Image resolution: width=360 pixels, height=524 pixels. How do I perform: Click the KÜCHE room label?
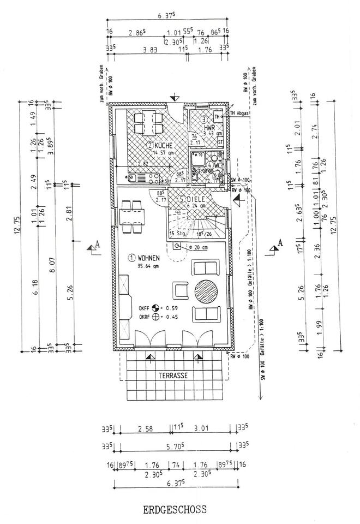click(164, 146)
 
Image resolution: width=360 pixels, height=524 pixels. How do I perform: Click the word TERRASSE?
click(173, 376)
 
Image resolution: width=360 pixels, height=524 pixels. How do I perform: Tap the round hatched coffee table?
click(208, 291)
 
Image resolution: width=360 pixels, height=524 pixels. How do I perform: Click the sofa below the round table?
click(206, 315)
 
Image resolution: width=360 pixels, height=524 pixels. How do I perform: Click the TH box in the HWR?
click(218, 117)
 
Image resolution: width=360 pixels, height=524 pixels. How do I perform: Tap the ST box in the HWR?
click(220, 141)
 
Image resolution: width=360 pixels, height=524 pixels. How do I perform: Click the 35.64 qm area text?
click(147, 266)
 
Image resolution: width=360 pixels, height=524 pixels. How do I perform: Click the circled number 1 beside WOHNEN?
click(131, 257)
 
